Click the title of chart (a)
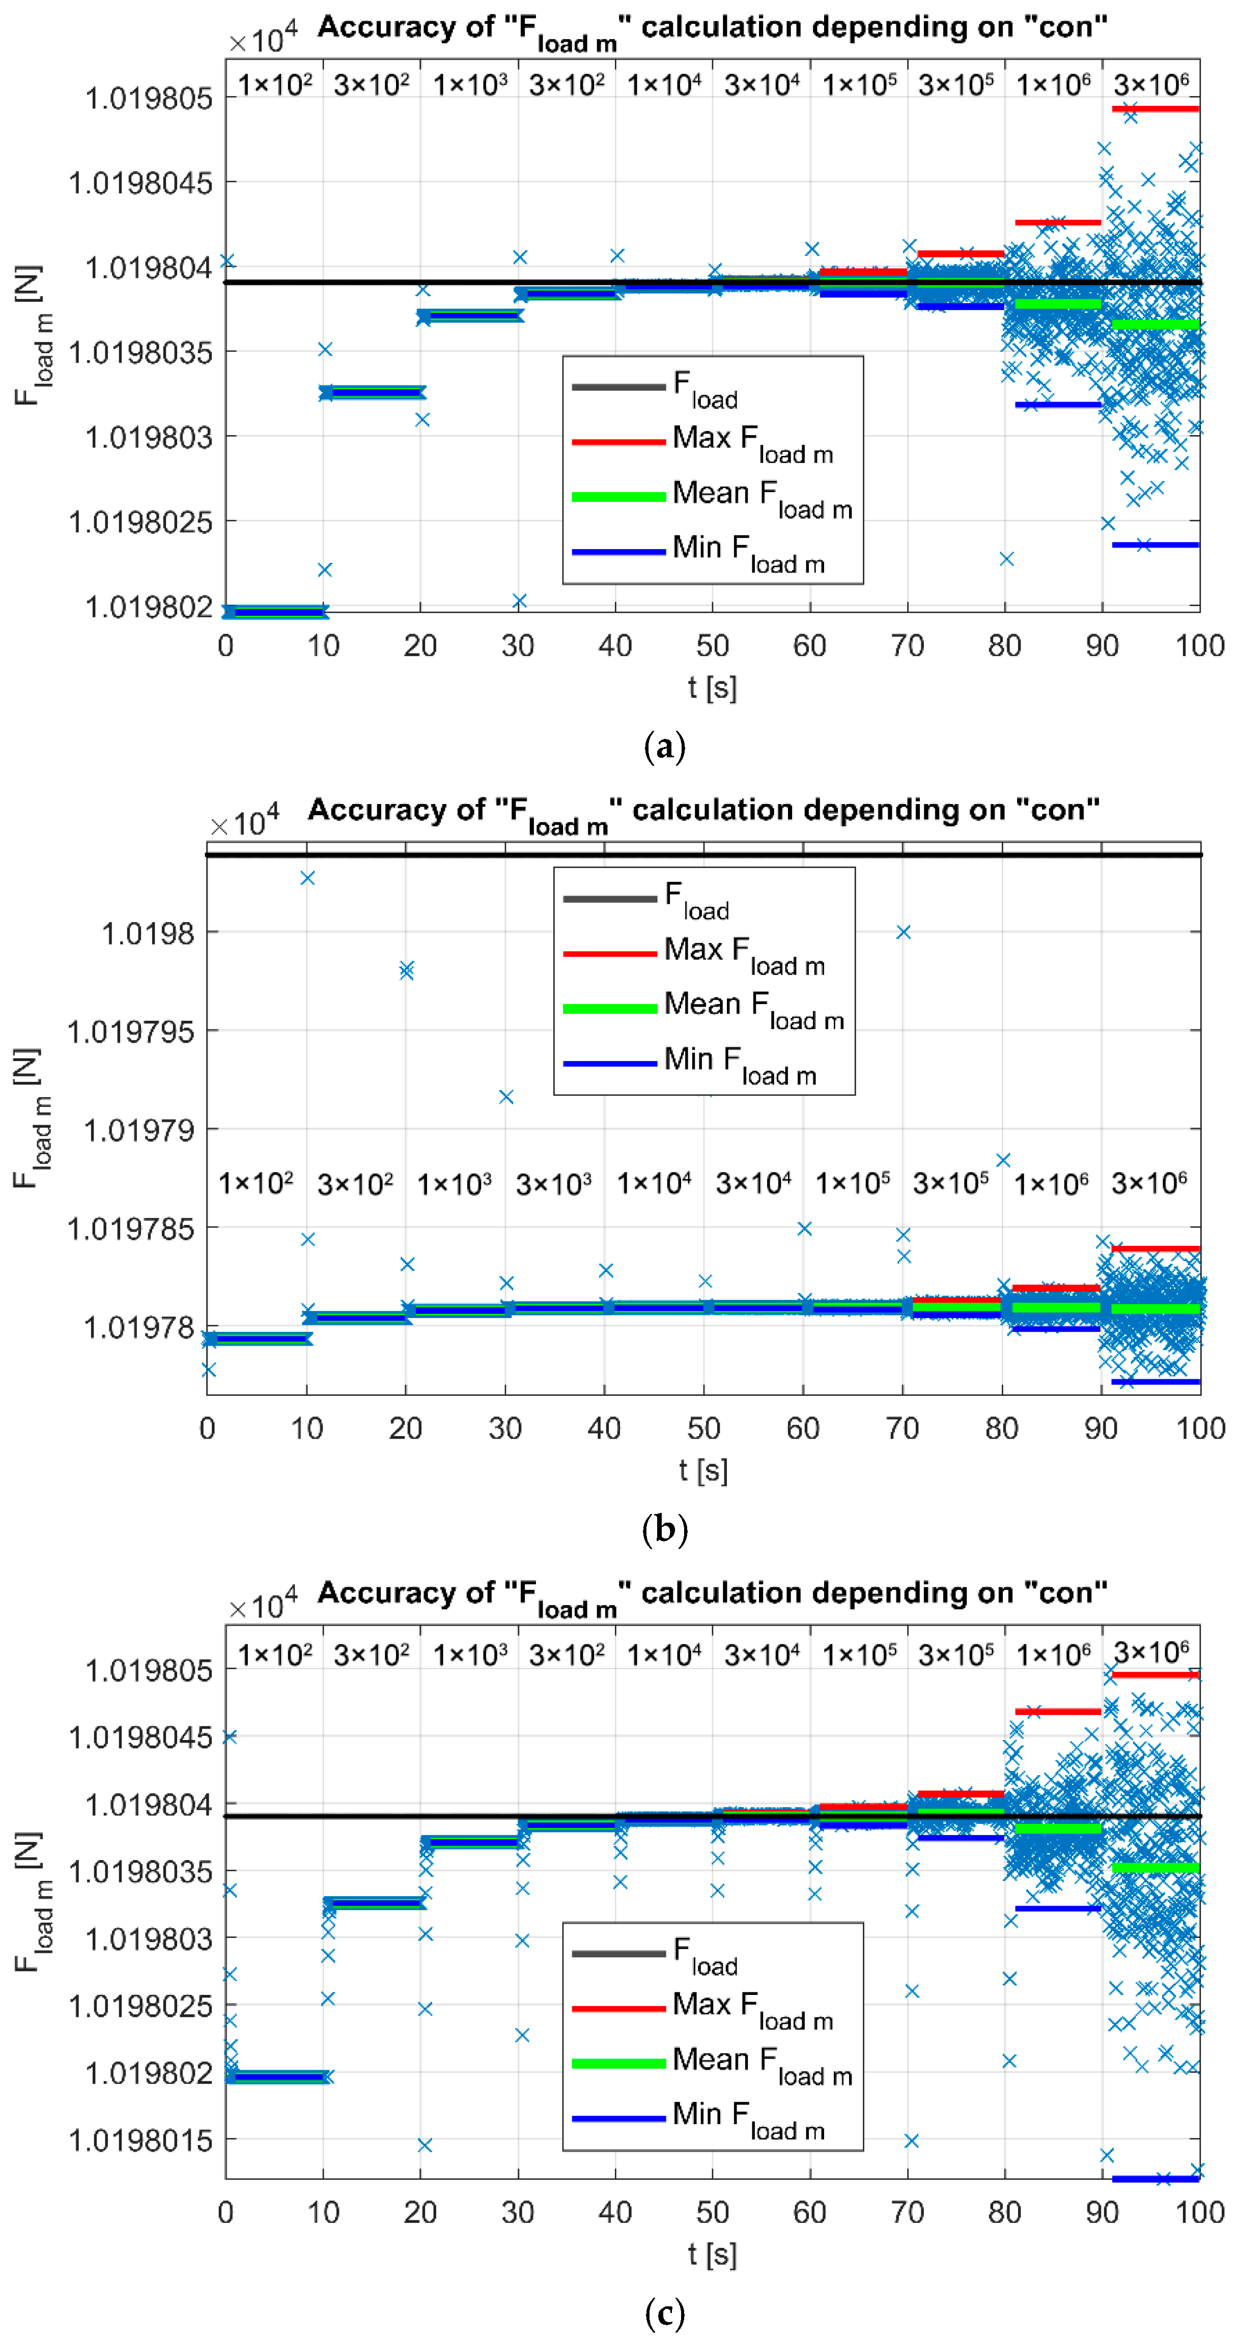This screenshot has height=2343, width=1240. tap(712, 29)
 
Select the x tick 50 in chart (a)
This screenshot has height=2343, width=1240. tap(712, 646)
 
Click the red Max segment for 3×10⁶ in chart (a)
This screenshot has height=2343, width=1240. tap(1156, 109)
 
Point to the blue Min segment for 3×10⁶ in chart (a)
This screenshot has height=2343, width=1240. tap(1156, 545)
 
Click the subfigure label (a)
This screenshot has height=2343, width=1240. tap(664, 748)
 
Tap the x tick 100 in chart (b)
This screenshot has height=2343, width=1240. tap(1200, 1428)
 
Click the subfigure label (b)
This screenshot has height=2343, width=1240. tap(664, 1530)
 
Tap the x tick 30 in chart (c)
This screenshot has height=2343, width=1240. tap(518, 2212)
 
